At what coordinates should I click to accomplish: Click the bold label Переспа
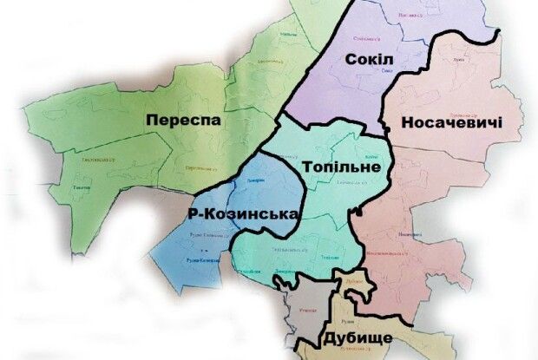[x=184, y=120]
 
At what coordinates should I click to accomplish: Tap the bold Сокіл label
[x=370, y=59]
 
